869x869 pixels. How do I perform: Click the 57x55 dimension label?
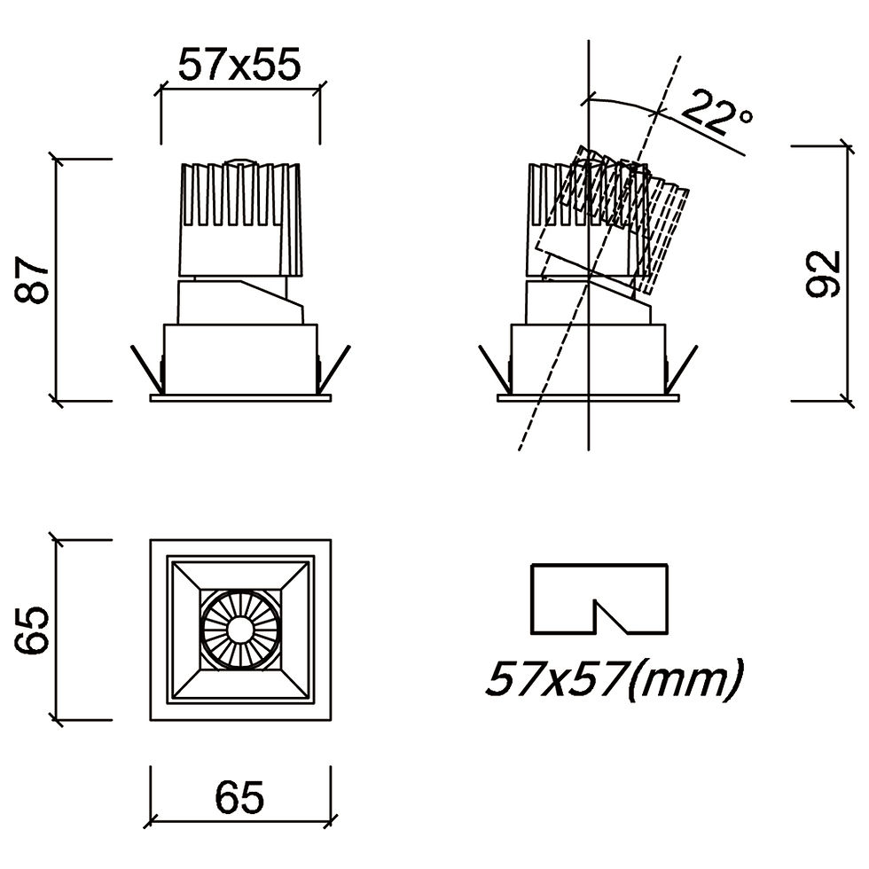point(239,64)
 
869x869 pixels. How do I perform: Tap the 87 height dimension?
point(32,279)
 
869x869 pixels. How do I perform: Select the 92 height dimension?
point(824,274)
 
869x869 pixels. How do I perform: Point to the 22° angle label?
point(717,114)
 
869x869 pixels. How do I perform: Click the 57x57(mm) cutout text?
point(614,678)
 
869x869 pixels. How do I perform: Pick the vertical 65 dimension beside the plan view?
point(32,630)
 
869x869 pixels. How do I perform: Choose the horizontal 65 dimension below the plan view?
point(239,797)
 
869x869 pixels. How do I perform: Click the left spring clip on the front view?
point(147,368)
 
